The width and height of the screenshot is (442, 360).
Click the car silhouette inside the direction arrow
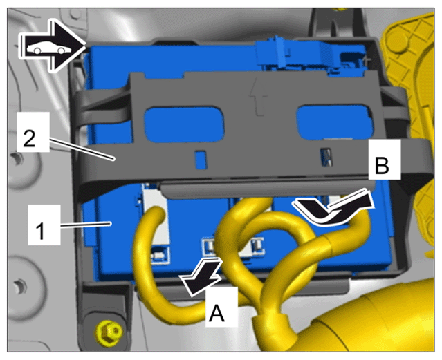tap(49, 49)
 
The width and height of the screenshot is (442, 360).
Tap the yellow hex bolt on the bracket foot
tap(109, 332)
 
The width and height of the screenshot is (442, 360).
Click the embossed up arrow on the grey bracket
tap(258, 96)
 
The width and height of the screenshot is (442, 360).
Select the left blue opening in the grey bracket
tap(185, 124)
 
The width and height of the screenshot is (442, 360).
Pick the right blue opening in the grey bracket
tap(335, 122)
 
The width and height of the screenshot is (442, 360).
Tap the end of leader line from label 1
tap(111, 223)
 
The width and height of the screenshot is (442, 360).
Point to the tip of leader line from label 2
tap(114, 160)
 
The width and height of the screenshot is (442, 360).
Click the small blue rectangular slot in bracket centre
tap(201, 160)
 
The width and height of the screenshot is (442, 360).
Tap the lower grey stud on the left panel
tap(20, 287)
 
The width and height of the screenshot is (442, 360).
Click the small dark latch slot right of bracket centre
tap(326, 157)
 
